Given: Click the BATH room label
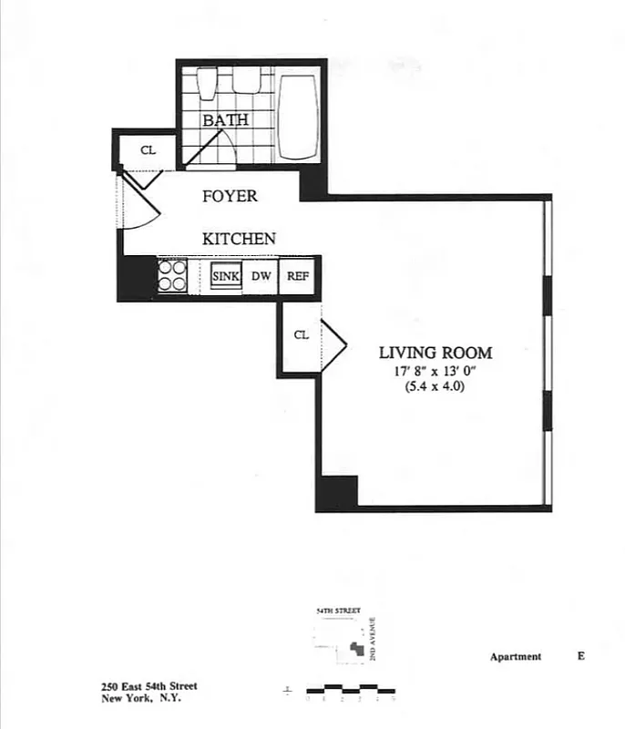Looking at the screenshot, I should point(225,120).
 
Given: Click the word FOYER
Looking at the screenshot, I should point(230,196).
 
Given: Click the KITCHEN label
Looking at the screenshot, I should point(239,239).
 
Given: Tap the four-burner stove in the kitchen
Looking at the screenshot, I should point(172,275).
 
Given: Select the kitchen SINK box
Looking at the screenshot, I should point(225,276).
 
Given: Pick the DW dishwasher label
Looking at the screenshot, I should point(261,276).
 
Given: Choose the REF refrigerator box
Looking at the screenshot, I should point(296,276).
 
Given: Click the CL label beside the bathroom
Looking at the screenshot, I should point(147,150).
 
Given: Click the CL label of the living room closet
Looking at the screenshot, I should point(301,335).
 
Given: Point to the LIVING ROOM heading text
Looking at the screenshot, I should point(435,354).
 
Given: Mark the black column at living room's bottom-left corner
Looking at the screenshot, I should point(336,493).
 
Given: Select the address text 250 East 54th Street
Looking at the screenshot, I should point(149,687).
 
